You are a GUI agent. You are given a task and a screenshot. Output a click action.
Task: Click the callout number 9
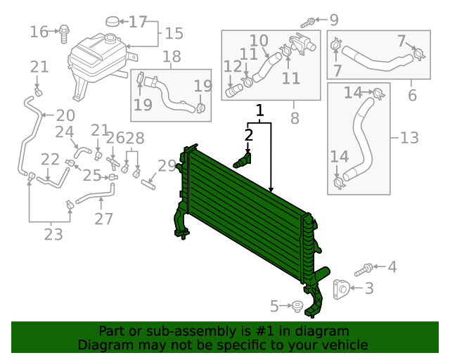(x=412, y=94)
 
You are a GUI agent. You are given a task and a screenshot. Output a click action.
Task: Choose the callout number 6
(x=412, y=94)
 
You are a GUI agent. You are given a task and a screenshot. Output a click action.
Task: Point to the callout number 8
(x=294, y=118)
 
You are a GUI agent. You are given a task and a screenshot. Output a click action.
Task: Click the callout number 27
(x=103, y=219)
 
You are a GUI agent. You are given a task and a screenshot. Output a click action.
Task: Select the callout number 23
(x=53, y=234)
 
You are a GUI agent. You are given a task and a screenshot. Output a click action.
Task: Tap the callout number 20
(x=65, y=115)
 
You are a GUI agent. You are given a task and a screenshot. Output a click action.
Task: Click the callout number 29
(x=167, y=166)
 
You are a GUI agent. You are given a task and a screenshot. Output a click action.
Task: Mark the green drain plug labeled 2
(x=243, y=161)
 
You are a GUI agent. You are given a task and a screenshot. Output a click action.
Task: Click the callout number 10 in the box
(x=259, y=41)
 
